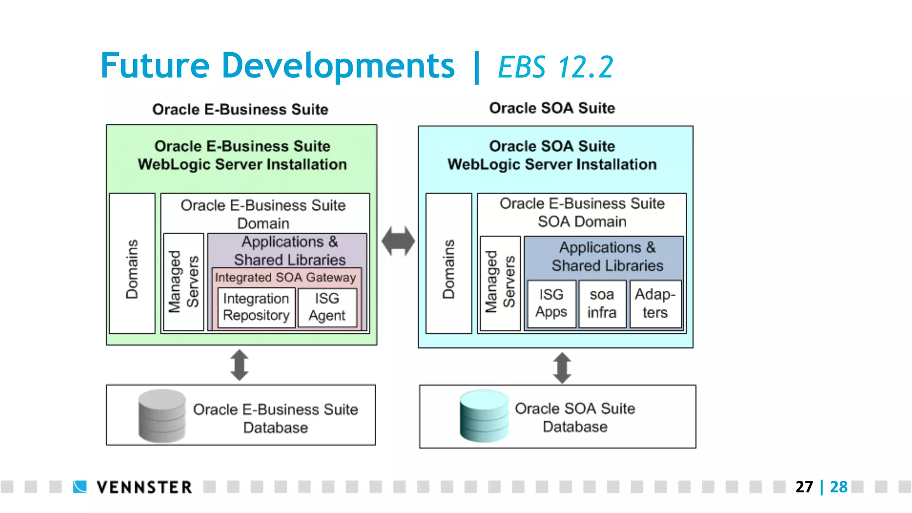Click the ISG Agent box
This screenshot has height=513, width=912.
327,307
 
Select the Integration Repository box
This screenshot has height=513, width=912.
256,307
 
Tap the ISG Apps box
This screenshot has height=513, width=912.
551,304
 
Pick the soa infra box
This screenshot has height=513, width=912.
602,304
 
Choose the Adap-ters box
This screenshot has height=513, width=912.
655,304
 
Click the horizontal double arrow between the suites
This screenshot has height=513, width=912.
398,241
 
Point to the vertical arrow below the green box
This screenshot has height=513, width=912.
240,365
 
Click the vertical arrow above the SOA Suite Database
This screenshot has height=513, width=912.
562,368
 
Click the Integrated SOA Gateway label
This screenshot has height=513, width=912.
285,277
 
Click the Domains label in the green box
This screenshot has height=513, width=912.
132,269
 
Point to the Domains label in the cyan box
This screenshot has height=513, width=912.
449,269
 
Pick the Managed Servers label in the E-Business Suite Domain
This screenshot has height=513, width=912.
183,282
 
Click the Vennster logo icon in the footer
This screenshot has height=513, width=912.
80,487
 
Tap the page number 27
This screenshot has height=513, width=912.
804,487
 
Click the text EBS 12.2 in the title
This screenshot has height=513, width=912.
555,67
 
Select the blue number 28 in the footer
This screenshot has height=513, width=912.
839,487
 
